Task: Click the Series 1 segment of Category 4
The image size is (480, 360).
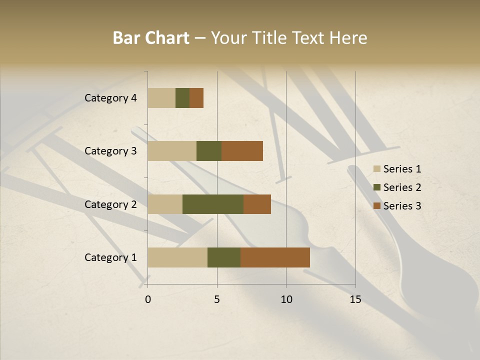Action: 161,98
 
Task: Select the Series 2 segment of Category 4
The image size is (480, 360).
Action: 182,98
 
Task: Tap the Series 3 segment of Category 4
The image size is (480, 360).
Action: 196,98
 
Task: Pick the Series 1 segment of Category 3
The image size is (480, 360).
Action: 172,151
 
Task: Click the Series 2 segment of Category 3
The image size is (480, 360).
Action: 209,151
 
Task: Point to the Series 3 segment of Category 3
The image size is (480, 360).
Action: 242,151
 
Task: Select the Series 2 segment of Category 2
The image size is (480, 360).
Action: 213,204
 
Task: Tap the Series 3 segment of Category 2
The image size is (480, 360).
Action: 257,204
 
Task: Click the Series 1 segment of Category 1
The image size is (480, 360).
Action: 177,257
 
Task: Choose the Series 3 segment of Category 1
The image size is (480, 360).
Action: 275,257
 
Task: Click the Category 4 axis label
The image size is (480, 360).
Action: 110,98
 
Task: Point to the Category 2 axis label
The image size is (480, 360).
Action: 110,204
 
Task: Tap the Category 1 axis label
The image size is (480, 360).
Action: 110,257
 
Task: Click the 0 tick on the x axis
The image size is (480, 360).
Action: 148,299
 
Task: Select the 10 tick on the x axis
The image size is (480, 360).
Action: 286,299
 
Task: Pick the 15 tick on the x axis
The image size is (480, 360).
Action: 355,299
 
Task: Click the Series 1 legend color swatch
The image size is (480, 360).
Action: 376,169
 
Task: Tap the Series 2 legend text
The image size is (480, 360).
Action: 402,187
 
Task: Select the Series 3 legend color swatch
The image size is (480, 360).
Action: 376,206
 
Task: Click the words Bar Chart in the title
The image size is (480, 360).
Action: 151,38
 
